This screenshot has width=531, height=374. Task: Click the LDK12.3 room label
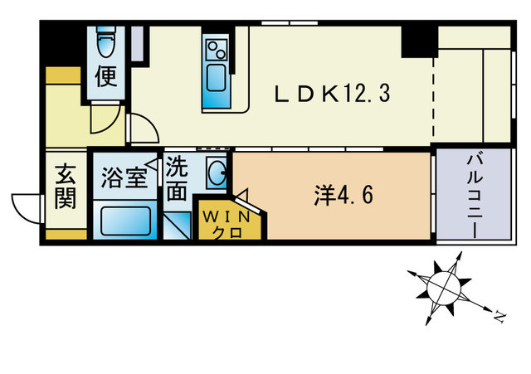[333, 94]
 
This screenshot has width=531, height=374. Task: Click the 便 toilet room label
[106, 77]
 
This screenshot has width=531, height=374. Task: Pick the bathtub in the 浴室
[125, 221]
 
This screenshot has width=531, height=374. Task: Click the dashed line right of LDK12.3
[432, 95]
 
